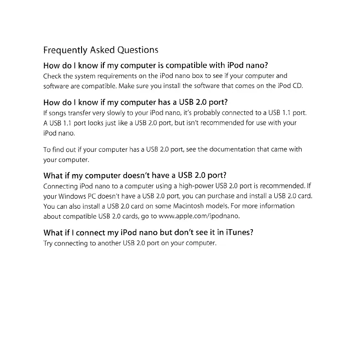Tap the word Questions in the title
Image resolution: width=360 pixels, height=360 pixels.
[138, 50]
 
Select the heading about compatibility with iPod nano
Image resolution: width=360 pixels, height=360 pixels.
[158, 65]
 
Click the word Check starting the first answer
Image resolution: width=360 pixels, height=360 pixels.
[52, 76]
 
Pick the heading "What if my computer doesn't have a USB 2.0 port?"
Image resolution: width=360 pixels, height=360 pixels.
[134, 175]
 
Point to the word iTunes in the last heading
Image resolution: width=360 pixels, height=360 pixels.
[237, 232]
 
